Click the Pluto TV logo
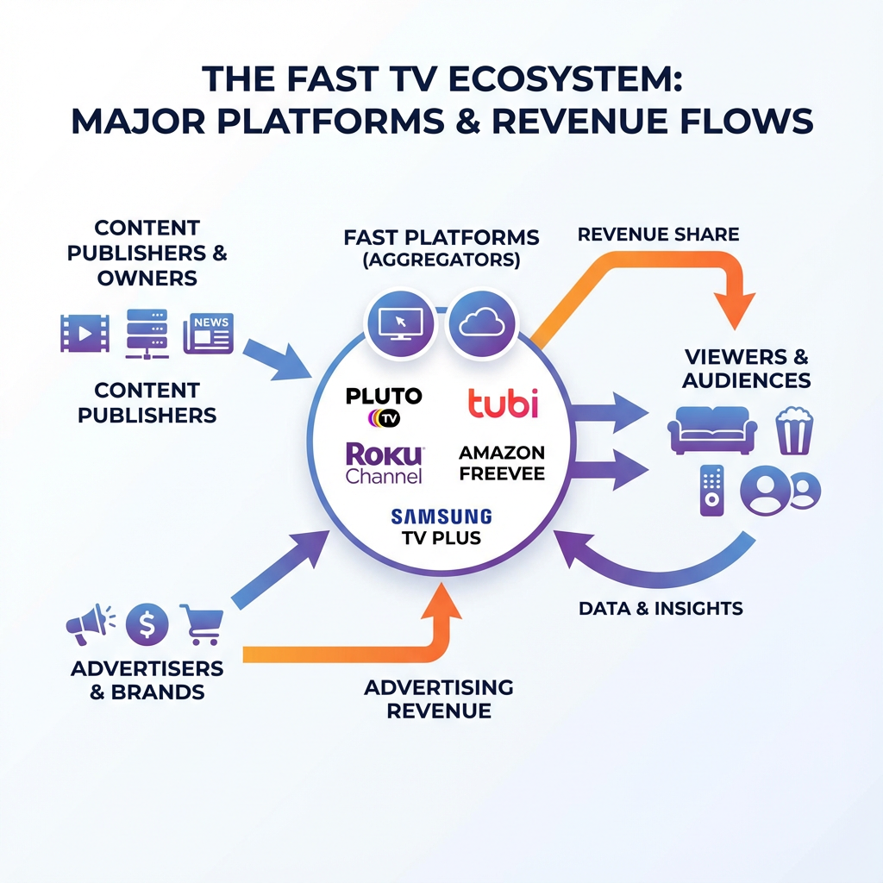pyautogui.click(x=384, y=406)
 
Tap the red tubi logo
pyautogui.click(x=502, y=403)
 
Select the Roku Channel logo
pyautogui.click(x=384, y=463)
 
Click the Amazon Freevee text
pyautogui.click(x=502, y=463)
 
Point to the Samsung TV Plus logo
pyautogui.click(x=441, y=527)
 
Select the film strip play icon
pyautogui.click(x=85, y=333)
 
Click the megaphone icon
pyautogui.click(x=89, y=623)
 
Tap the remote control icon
pyautogui.click(x=711, y=490)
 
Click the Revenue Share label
pyautogui.click(x=658, y=235)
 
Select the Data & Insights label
pyautogui.click(x=661, y=608)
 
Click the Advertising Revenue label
pyautogui.click(x=438, y=699)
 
